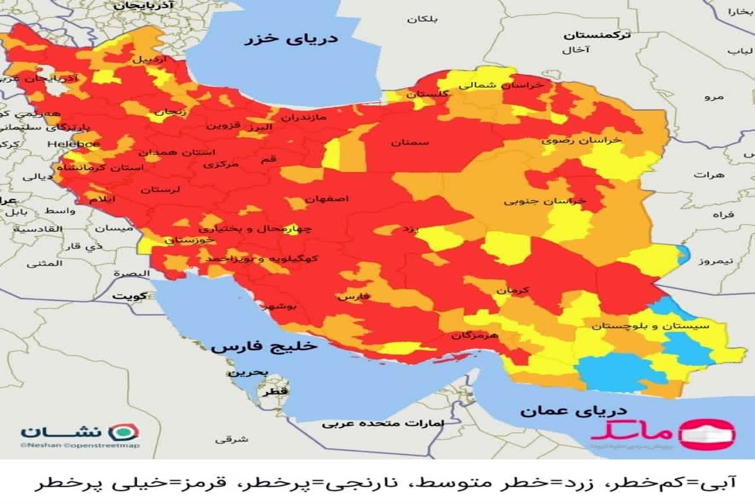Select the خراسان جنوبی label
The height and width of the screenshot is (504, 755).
coord(545,202)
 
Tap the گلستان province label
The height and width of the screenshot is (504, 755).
coord(428,94)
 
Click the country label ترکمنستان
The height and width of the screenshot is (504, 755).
coord(596,36)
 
